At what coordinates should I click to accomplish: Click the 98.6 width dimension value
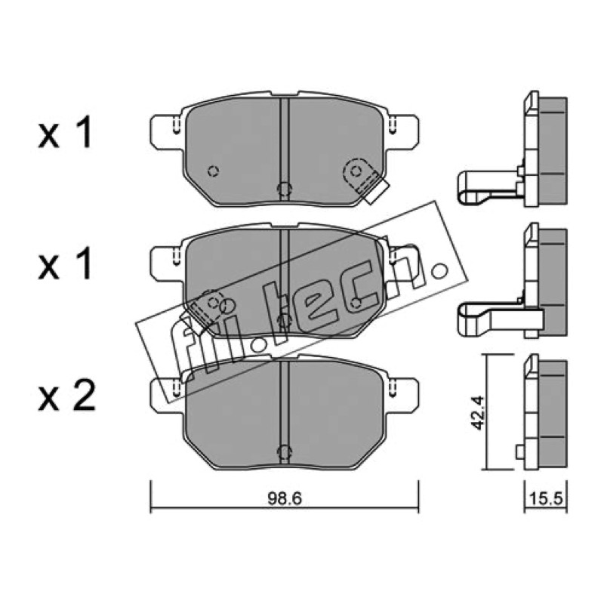tap(285, 499)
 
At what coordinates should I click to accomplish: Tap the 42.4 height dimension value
tap(479, 411)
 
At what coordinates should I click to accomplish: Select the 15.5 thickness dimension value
tap(546, 499)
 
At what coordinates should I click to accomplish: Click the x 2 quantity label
tap(66, 396)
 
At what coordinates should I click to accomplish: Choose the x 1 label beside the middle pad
tap(65, 263)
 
